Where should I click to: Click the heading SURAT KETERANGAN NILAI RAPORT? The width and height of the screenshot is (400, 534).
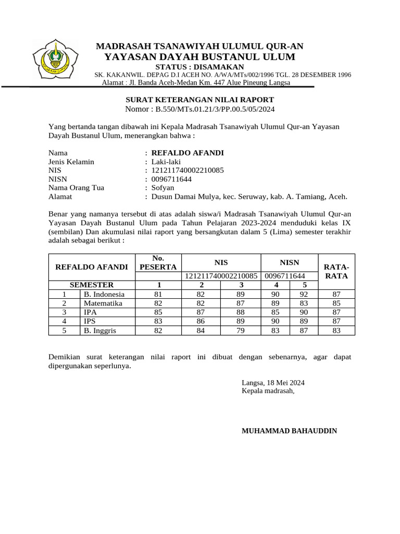point(200,100)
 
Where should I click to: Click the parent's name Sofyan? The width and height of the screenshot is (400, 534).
point(162,188)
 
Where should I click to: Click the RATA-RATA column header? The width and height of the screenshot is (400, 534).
point(336,271)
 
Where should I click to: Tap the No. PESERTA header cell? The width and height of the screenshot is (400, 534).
point(158,262)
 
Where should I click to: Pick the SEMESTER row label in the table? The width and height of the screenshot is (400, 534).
point(92,285)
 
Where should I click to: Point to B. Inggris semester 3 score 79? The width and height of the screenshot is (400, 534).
point(240,330)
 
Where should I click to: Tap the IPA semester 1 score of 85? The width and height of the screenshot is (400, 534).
point(158,312)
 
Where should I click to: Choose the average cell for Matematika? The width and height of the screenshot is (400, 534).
point(336,303)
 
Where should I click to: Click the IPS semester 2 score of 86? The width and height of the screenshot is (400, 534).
point(201,321)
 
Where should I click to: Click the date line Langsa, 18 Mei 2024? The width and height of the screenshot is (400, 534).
point(273,382)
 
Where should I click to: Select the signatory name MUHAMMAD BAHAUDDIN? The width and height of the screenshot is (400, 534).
point(289,431)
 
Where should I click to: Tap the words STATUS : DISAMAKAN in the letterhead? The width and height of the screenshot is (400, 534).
point(200,67)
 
